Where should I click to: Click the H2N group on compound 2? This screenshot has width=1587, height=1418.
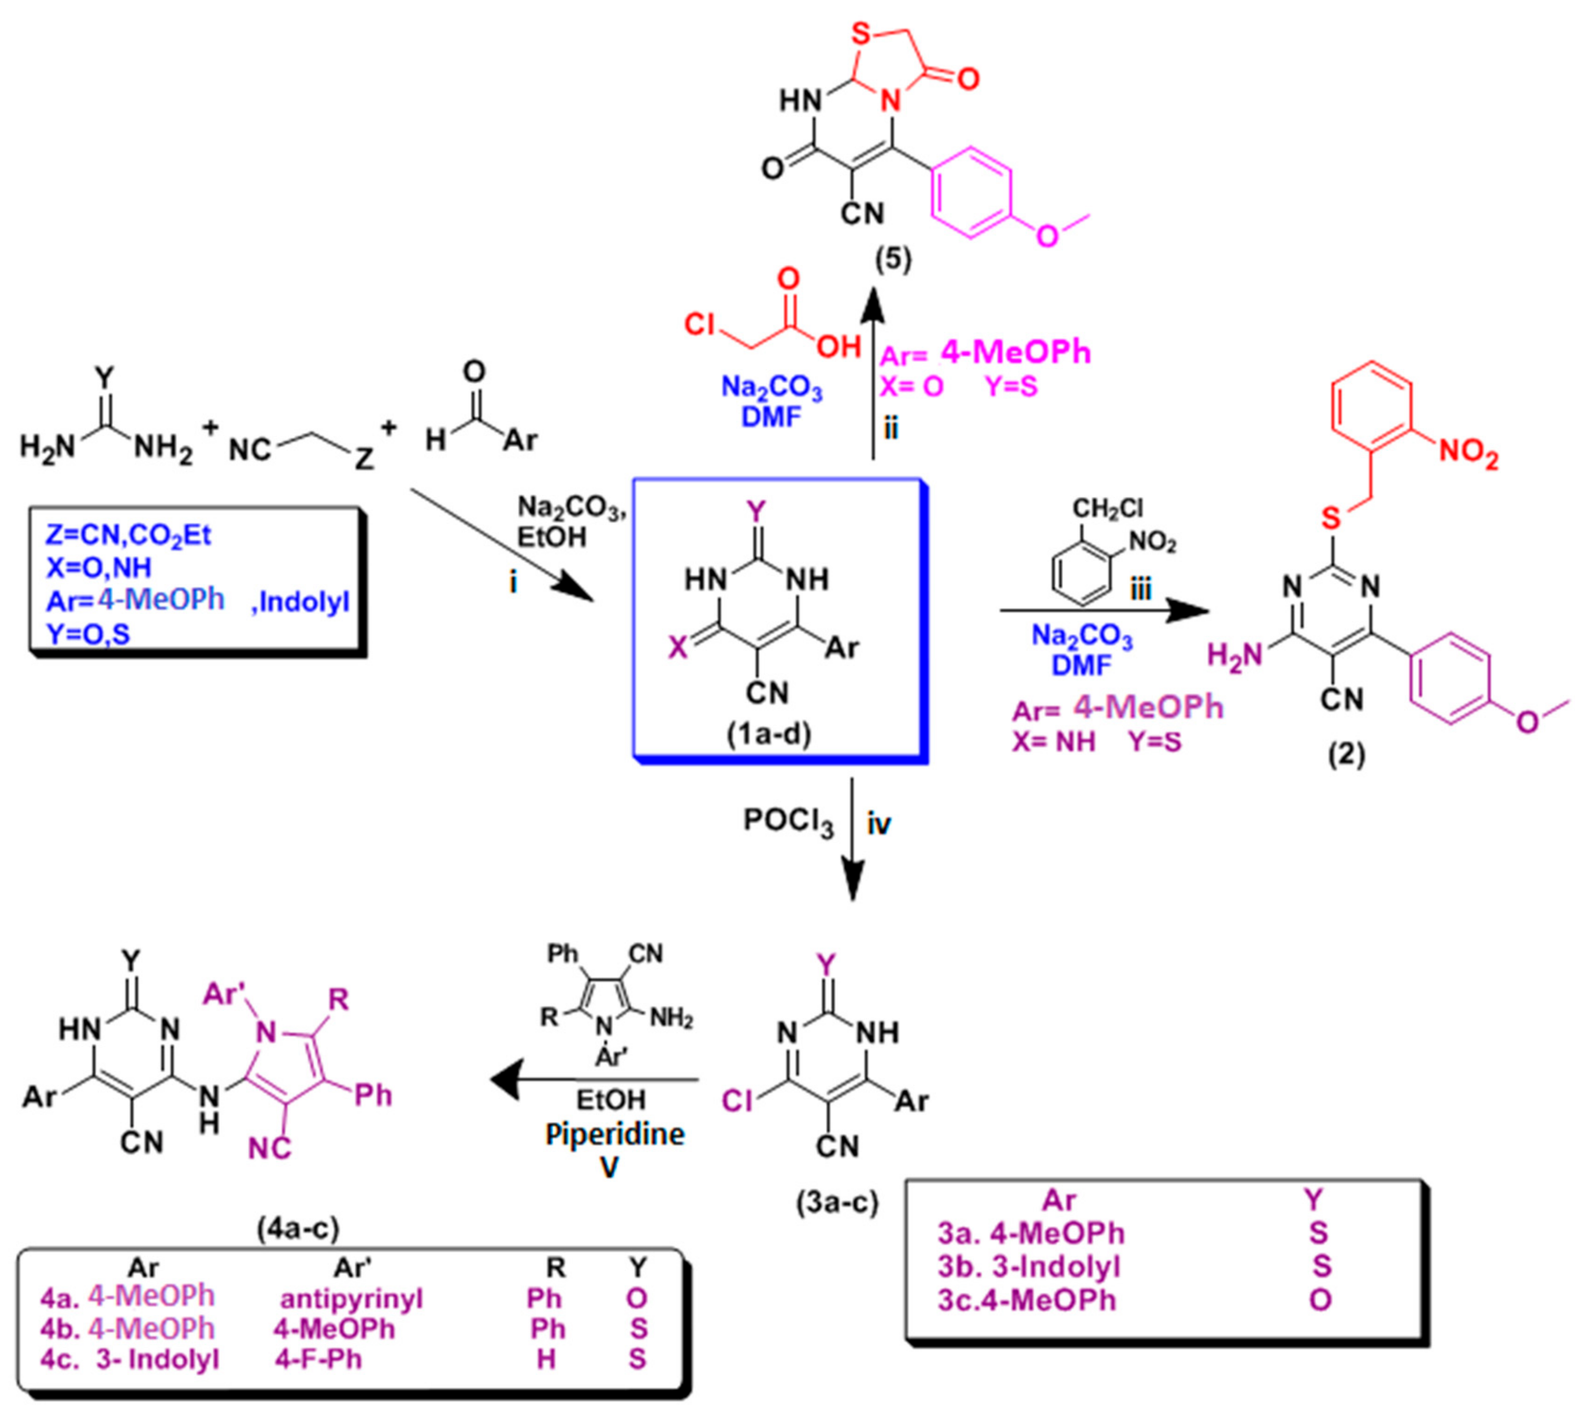point(1234,656)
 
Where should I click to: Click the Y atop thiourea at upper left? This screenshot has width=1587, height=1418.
point(103,379)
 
